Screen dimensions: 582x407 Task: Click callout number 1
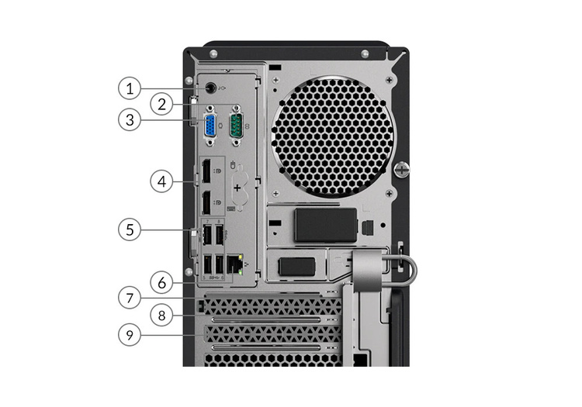[x=130, y=88]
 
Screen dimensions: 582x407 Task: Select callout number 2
[x=161, y=104]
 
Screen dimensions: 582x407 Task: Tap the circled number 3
[x=130, y=119]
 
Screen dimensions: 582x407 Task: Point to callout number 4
[x=161, y=181]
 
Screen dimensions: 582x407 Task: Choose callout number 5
[x=130, y=229]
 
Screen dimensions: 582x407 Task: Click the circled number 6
[x=161, y=283]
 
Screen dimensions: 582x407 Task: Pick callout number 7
[x=130, y=298]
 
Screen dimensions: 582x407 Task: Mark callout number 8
[x=161, y=316]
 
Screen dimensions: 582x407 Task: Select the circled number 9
[x=130, y=335]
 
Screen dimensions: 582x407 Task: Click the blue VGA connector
[x=210, y=126]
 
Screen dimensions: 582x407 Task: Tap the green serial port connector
[x=237, y=126]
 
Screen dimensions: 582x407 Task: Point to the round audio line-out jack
[x=210, y=88]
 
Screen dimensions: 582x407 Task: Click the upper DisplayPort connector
[x=206, y=171]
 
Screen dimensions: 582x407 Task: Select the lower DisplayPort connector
[x=206, y=202]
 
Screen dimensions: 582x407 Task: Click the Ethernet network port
[x=234, y=264]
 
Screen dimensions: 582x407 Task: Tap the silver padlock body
[x=367, y=270]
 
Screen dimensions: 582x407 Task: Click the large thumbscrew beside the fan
[x=402, y=170]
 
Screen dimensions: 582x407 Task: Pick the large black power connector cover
[x=325, y=225]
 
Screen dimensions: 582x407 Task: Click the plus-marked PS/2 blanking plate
[x=237, y=188]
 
